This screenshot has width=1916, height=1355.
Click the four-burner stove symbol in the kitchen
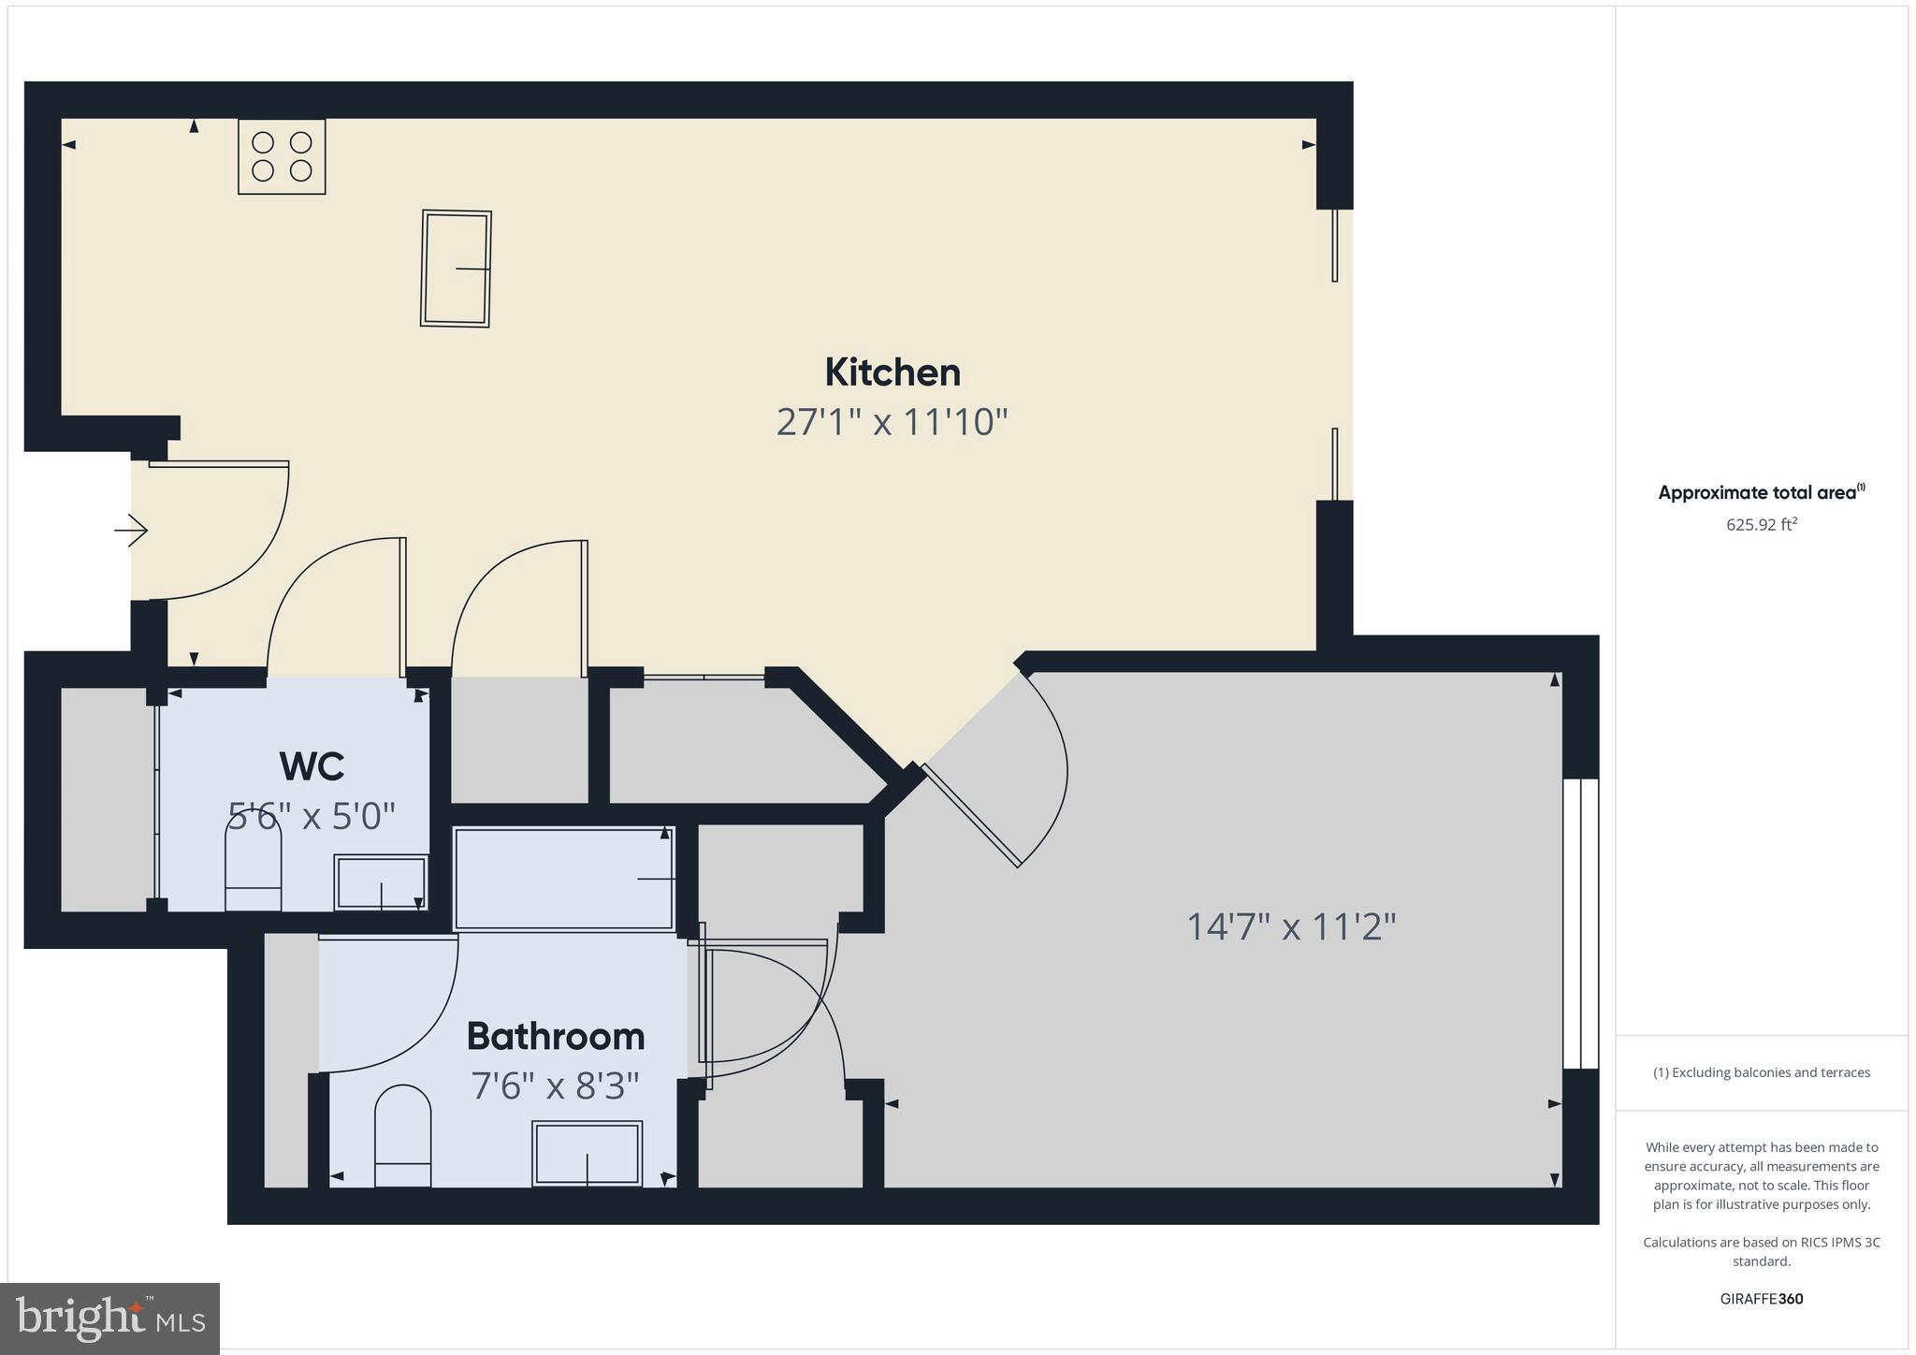pyautogui.click(x=282, y=156)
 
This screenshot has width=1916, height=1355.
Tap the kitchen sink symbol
pyautogui.click(x=456, y=269)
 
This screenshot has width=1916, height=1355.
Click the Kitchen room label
pyautogui.click(x=893, y=372)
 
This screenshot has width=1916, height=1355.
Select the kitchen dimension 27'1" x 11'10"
pyautogui.click(x=892, y=422)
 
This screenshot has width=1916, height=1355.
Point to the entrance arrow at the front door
pyautogui.click(x=132, y=532)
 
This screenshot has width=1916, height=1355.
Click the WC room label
pyautogui.click(x=312, y=766)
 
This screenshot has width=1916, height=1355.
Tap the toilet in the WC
pyautogui.click(x=254, y=862)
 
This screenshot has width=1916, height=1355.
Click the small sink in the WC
pyautogui.click(x=381, y=881)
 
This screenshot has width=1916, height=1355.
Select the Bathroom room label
pyautogui.click(x=556, y=1036)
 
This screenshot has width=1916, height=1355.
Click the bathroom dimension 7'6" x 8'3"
pyautogui.click(x=556, y=1086)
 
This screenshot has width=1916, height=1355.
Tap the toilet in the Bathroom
pyautogui.click(x=402, y=1136)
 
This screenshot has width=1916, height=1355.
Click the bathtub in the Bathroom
pyautogui.click(x=563, y=879)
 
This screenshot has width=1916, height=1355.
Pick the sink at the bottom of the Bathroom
pyautogui.click(x=588, y=1153)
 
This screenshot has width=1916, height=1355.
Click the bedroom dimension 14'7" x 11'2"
pyautogui.click(x=1291, y=927)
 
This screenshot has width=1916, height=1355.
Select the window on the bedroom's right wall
pyautogui.click(x=1581, y=924)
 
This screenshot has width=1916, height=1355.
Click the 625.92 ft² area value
pyautogui.click(x=1762, y=524)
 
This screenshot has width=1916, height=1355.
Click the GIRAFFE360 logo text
pyautogui.click(x=1762, y=1299)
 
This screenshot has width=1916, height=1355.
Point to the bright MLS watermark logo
pyautogui.click(x=110, y=1319)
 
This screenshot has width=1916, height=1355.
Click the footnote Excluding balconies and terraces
pyautogui.click(x=1762, y=1072)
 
